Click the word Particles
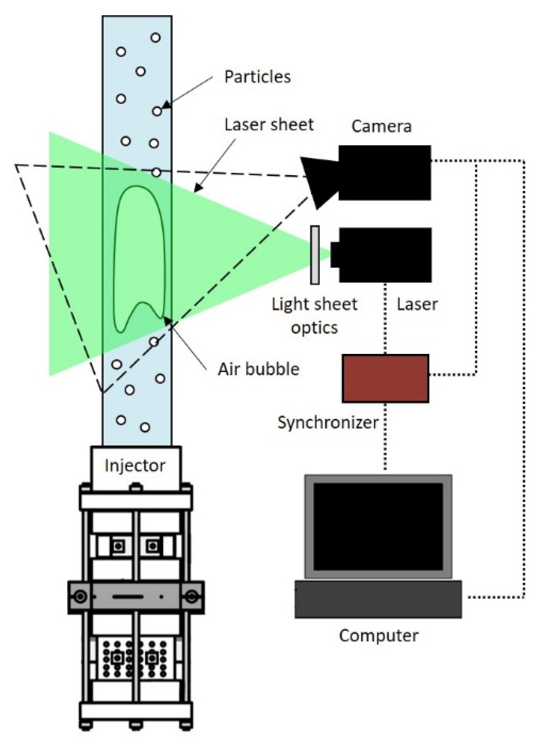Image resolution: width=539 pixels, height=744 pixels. [257, 77]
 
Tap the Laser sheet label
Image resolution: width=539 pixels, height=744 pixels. [269, 125]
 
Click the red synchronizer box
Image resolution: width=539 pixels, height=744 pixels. [386, 378]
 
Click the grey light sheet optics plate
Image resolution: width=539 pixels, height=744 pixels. [314, 255]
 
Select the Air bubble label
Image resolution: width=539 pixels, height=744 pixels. [259, 369]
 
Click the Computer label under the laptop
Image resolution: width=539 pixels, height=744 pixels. [379, 636]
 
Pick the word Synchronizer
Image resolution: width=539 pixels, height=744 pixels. [328, 422]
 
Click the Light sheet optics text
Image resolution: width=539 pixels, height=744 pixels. [314, 316]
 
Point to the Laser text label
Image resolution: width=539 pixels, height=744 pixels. [417, 304]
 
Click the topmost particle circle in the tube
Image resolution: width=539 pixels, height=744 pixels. [155, 38]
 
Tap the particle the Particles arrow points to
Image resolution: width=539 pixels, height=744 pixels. [157, 111]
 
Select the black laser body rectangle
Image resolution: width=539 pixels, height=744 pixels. [385, 255]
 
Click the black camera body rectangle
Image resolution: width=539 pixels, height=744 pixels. [385, 173]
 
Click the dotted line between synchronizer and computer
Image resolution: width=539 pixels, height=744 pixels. [385, 440]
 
